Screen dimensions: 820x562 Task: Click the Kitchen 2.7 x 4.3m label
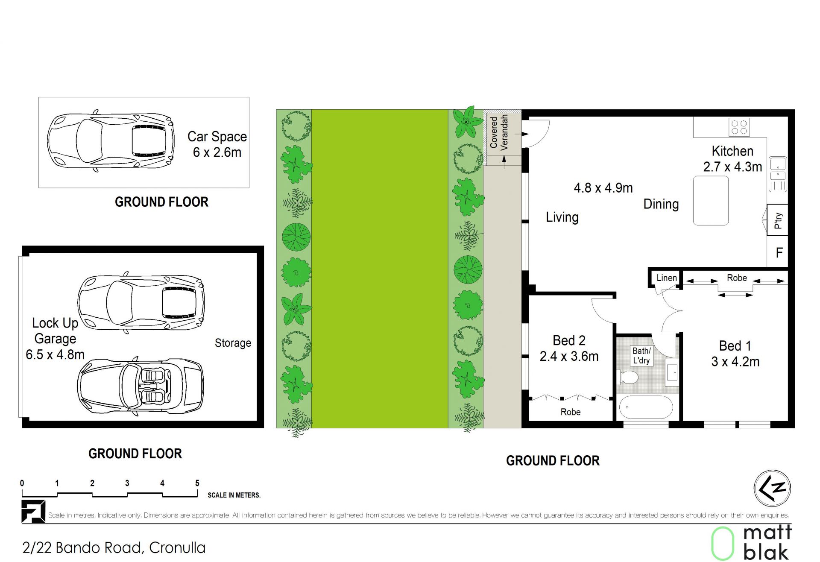click(x=732, y=159)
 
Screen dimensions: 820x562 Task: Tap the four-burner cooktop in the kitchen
click(x=739, y=127)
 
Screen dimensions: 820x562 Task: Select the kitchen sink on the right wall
click(x=778, y=174)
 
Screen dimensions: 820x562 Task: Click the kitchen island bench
click(x=711, y=200)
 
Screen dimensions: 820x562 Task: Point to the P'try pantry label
click(x=778, y=220)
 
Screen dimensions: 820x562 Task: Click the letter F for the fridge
click(x=779, y=253)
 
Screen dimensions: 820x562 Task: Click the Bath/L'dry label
click(x=641, y=356)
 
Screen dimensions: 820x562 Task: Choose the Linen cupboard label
click(x=667, y=278)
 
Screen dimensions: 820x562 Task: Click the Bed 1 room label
click(x=735, y=354)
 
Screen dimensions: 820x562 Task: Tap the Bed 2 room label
click(x=569, y=348)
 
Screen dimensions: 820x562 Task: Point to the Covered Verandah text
click(x=499, y=132)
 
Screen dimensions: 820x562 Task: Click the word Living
click(x=562, y=217)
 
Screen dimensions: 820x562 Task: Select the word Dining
click(x=661, y=204)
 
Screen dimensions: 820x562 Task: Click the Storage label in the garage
click(x=233, y=343)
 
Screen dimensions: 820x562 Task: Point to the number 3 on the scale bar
click(x=127, y=483)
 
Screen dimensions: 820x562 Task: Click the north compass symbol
click(x=772, y=489)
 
